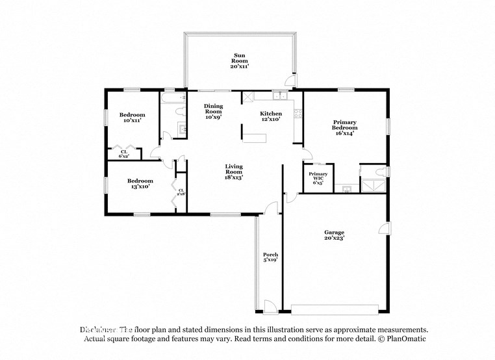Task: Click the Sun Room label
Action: [x=240, y=60]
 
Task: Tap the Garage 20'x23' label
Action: [x=334, y=235]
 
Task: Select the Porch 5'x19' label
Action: [x=270, y=257]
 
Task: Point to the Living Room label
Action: [x=234, y=172]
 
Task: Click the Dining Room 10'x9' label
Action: [x=213, y=112]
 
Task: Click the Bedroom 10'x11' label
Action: [x=132, y=118]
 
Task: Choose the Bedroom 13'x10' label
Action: [x=140, y=184]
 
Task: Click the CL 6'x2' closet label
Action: [x=123, y=154]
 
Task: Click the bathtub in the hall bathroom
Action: [x=173, y=100]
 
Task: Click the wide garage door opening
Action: [x=336, y=307]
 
